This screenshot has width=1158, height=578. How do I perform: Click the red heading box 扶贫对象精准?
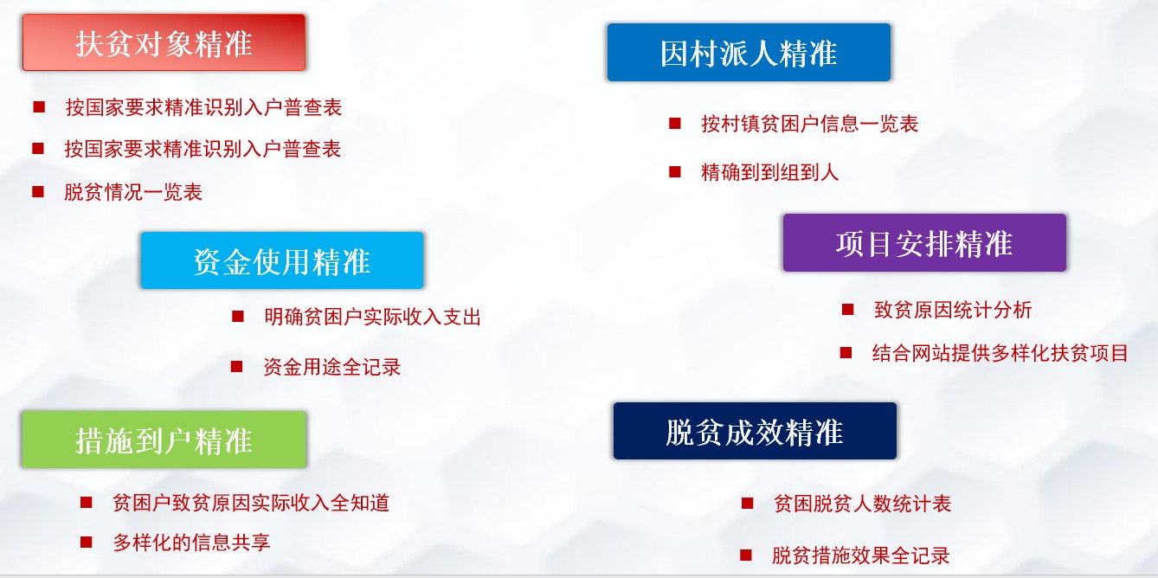[x=164, y=42]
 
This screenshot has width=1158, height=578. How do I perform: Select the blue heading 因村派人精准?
[x=749, y=52]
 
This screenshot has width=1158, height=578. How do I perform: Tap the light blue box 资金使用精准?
[x=282, y=260]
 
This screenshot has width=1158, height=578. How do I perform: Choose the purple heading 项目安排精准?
[x=924, y=242]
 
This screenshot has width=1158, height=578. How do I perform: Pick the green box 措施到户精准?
[x=164, y=440]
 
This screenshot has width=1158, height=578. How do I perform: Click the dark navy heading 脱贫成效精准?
[x=755, y=431]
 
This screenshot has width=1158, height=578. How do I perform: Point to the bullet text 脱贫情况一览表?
[x=133, y=192]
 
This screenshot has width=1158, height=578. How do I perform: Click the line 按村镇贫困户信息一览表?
[x=809, y=124]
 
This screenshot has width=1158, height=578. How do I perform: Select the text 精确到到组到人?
[x=769, y=171]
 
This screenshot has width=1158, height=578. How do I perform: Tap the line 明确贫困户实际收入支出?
[x=372, y=317]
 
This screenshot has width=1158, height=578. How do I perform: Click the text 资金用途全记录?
[x=331, y=367]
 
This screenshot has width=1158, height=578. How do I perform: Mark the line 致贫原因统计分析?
[x=953, y=310]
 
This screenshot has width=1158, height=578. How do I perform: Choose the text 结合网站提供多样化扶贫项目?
[x=1000, y=352]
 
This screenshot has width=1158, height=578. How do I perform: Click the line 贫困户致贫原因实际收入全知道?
[x=251, y=502]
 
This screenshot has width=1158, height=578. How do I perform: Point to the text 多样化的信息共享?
[x=191, y=542]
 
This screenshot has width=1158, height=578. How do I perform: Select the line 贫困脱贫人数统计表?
[x=862, y=503]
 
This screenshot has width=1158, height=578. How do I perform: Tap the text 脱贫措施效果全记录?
[x=861, y=556]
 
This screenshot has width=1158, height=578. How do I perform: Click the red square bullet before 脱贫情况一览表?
[x=38, y=192]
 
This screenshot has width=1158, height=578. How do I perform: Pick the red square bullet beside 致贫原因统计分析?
[x=848, y=309]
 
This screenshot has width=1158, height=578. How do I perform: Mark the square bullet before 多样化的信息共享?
[x=87, y=542]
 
